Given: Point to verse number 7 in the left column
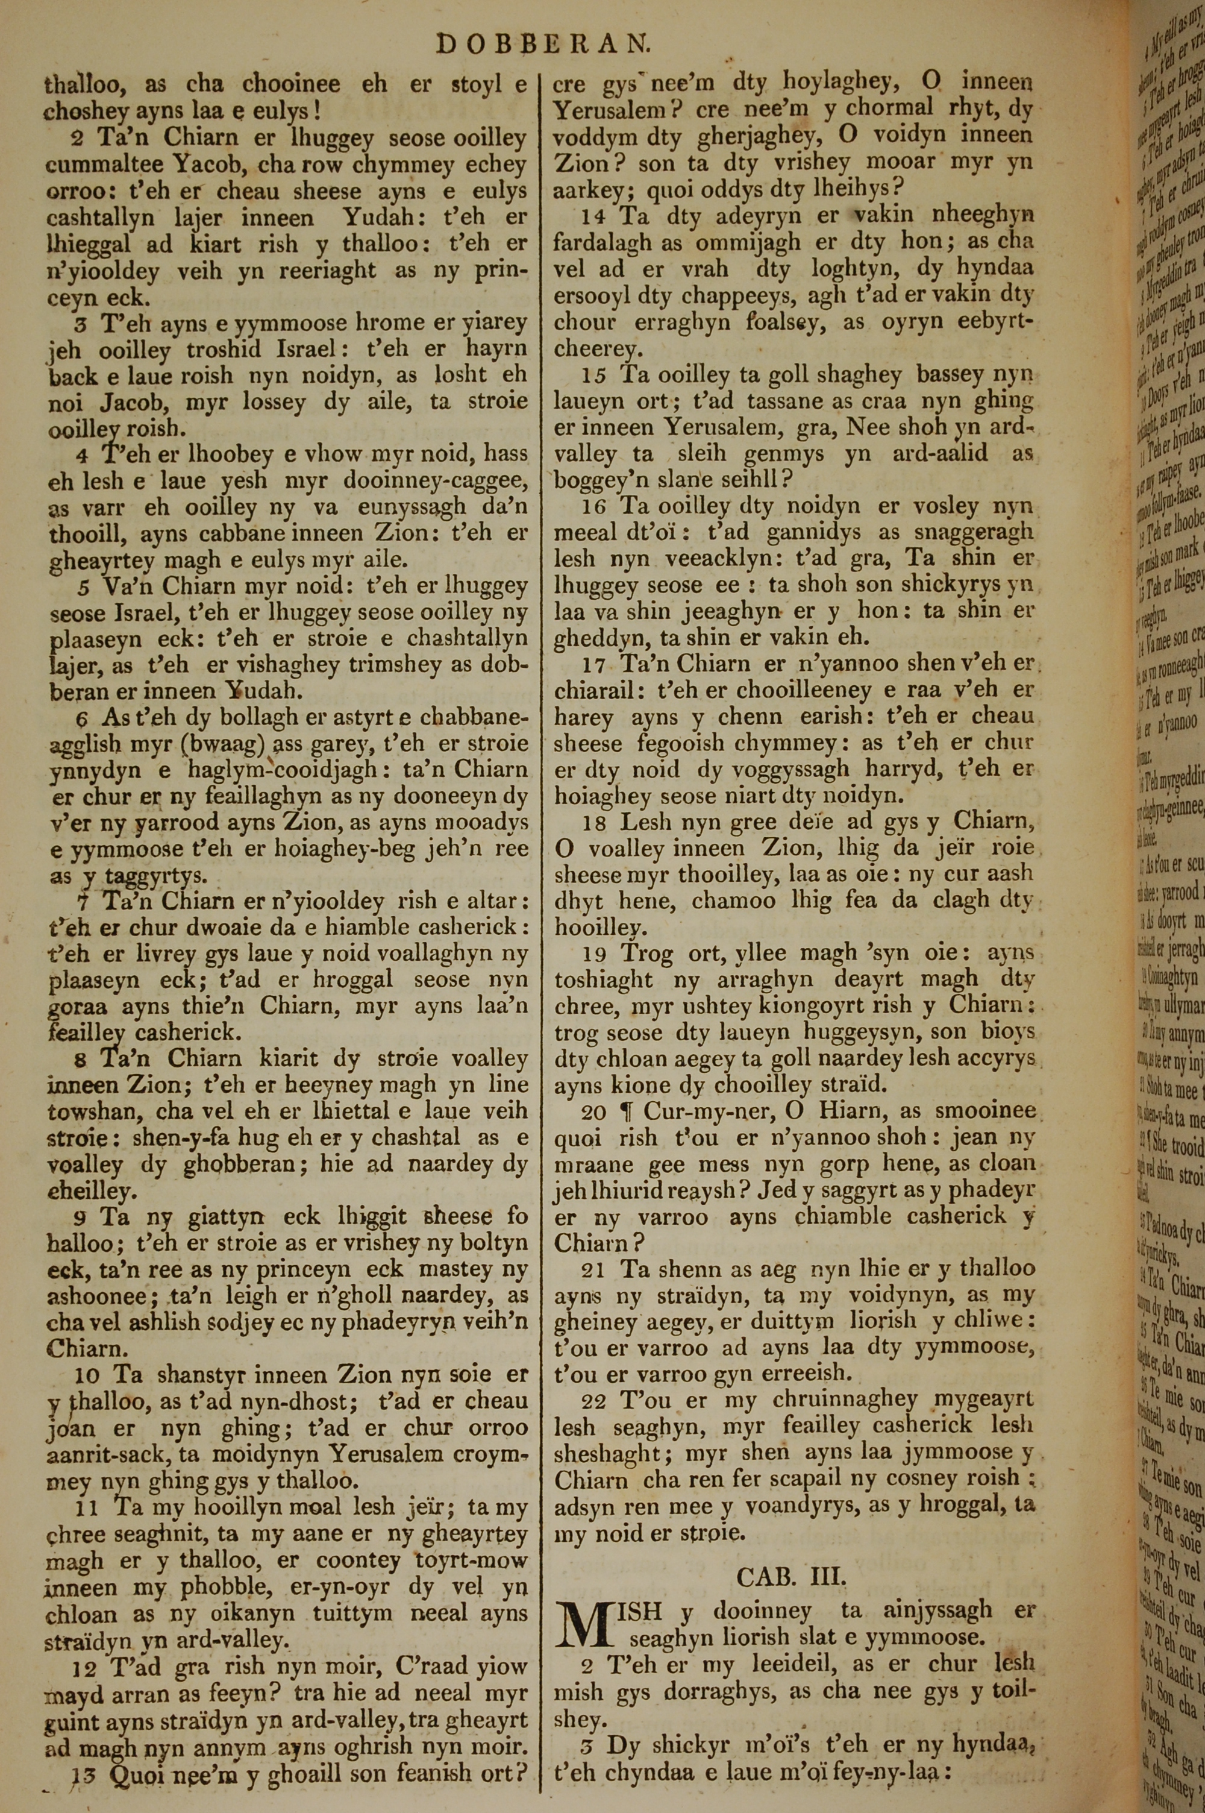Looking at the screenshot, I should [x=82, y=900].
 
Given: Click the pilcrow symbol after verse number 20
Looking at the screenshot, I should [x=627, y=1115].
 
